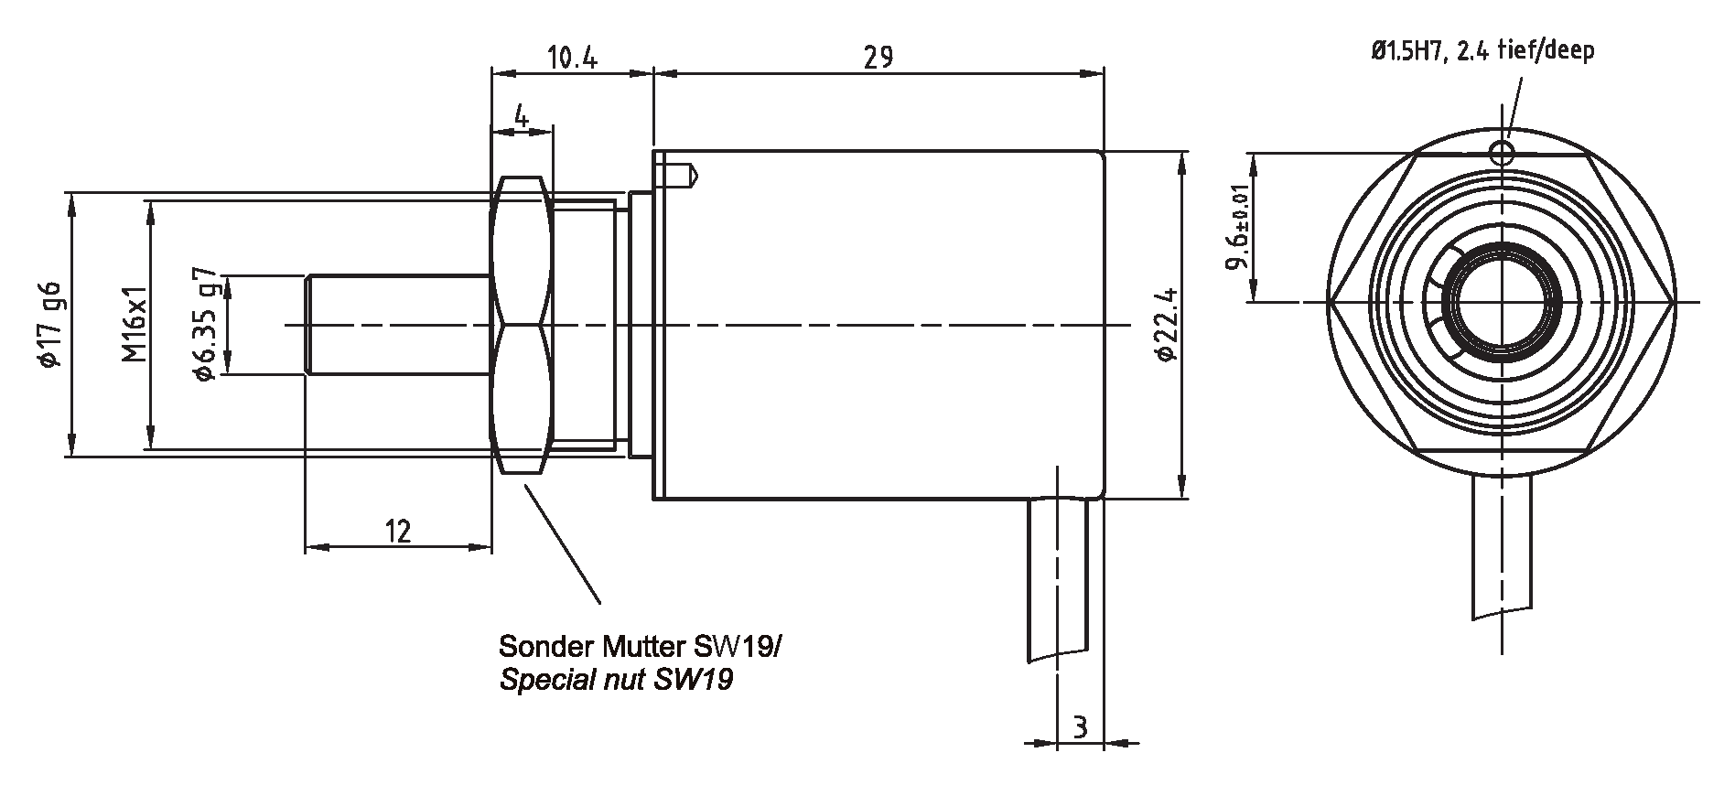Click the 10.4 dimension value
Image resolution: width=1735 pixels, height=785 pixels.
coord(573,59)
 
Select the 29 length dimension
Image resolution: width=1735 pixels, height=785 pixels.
coord(878,59)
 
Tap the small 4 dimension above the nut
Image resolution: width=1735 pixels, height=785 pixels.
coord(521,116)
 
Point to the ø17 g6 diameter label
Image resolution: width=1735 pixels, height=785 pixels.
coord(49,322)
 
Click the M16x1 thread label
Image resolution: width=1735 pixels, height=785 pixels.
coord(135,323)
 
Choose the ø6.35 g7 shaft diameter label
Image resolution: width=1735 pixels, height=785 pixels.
coord(205,323)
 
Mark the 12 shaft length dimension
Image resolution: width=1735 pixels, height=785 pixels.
coord(398,531)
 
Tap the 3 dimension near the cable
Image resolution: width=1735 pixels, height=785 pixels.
coord(1081,728)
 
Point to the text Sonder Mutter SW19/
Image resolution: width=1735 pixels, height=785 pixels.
coord(640,647)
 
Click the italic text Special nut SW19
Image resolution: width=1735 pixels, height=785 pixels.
coord(616,681)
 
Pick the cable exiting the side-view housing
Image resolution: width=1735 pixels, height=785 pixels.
coord(1058,576)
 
